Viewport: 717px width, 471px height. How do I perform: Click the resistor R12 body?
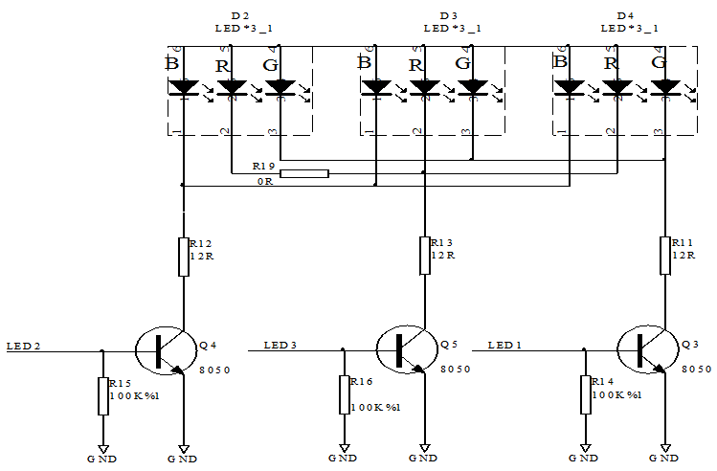coord(183,257)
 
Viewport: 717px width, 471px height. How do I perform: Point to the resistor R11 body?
coord(665,256)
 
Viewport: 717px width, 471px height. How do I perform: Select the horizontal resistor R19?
coord(303,173)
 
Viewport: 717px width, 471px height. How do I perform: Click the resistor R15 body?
coord(102,394)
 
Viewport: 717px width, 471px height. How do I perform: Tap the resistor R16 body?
coord(344,394)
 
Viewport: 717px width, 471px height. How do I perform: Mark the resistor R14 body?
coord(585,394)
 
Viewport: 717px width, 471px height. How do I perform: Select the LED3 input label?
coord(280,345)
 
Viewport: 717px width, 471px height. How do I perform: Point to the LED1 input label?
coord(505,345)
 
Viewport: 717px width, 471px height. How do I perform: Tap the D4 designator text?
coord(626,16)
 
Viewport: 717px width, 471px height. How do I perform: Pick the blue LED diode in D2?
coord(183,88)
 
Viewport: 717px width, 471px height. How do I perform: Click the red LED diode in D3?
coord(424,88)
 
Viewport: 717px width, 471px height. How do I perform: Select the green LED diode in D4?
coord(665,88)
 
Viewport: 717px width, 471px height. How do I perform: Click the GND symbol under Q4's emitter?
coord(183,447)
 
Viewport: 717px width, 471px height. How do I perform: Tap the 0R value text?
coord(263,181)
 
